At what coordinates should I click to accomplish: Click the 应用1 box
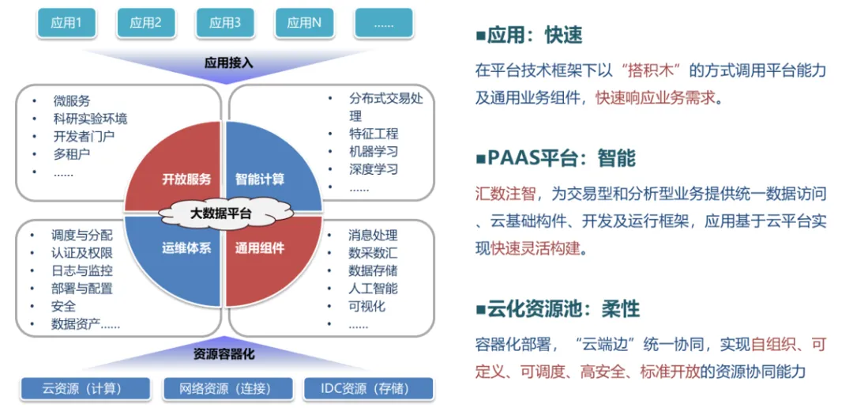point(66,23)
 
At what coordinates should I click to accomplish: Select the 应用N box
point(304,23)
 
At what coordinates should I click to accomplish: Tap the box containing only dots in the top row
point(384,23)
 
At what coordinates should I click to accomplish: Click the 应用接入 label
point(229,62)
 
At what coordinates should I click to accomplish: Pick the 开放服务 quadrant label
point(186,179)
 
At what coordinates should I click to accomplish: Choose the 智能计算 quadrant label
point(260,179)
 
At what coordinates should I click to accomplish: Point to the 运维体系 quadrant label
point(186,248)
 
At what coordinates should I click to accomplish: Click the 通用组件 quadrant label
point(260,248)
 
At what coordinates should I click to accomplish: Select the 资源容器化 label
point(224,354)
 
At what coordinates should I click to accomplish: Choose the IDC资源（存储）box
point(368,388)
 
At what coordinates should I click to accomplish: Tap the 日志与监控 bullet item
point(82,270)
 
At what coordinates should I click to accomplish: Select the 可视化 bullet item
point(366,305)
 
